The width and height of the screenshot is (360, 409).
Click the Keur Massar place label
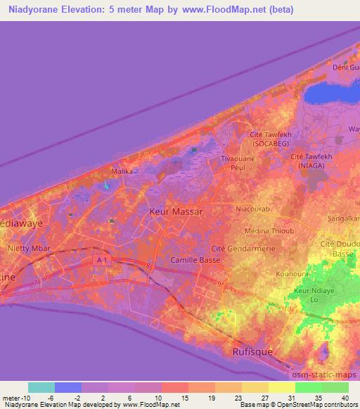[176, 211]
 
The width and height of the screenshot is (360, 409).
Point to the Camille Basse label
[195, 260]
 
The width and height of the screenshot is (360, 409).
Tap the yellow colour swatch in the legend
[281, 387]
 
